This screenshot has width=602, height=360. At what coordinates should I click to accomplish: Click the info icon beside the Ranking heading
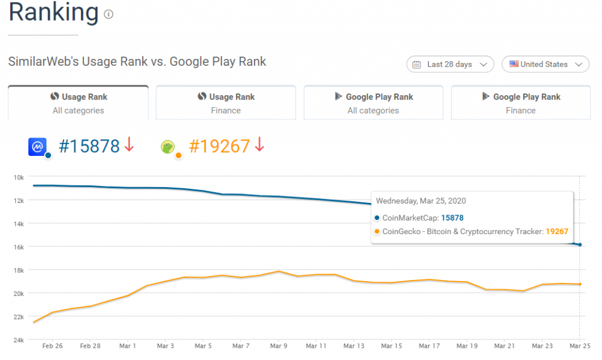[x=109, y=15]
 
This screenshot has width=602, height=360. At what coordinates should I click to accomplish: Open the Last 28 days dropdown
[x=450, y=64]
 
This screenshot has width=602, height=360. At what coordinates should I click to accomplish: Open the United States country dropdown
[x=545, y=64]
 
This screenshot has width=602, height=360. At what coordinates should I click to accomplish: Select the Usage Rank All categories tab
[x=78, y=103]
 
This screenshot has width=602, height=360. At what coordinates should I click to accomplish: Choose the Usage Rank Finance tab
[x=226, y=103]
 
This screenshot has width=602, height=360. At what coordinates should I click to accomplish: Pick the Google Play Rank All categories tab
[x=373, y=103]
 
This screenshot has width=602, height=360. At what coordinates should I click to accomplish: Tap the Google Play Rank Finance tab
[x=521, y=103]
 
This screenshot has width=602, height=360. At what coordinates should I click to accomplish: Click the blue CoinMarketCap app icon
[x=38, y=146]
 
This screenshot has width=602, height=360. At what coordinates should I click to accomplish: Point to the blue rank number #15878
[x=89, y=146]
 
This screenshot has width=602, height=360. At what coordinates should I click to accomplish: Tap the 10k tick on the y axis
[x=18, y=177]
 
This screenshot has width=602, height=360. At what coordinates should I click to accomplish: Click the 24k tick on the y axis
[x=18, y=340]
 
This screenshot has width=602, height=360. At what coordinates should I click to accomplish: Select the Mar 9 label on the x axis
[x=279, y=346]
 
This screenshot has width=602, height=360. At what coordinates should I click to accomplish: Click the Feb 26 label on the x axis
[x=52, y=346]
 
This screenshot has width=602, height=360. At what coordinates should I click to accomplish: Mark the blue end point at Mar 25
[x=580, y=245]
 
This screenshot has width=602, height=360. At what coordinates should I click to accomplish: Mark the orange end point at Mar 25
[x=580, y=284]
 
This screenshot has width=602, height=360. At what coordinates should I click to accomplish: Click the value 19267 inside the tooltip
[x=556, y=231]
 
